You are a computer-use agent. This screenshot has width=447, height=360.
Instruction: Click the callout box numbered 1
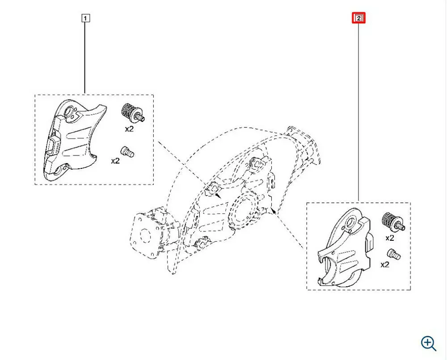85,18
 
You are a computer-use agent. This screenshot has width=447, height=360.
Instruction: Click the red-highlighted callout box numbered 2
358,18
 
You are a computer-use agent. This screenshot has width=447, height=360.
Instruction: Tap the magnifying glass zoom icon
429,343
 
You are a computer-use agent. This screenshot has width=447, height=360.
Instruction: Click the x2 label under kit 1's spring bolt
129,129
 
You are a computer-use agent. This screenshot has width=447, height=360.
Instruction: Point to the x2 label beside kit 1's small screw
115,161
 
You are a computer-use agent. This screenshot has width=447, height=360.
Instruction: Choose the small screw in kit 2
394,254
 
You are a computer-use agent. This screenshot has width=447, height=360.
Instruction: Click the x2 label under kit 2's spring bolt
390,238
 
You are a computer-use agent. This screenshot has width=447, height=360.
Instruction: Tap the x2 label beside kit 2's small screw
385,264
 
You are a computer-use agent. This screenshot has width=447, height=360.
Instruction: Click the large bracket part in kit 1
74,139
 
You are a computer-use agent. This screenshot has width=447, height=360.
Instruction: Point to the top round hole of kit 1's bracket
70,111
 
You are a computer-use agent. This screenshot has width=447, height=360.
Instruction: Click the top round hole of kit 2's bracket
351,223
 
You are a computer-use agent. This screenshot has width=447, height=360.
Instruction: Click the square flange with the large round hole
145,235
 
